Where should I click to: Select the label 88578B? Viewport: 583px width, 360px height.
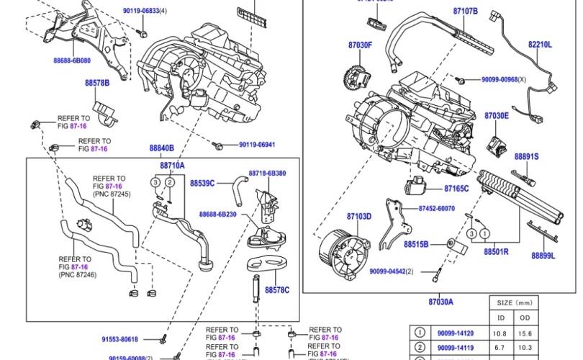(x=97, y=84)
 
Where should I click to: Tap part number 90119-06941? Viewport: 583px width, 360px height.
(x=257, y=145)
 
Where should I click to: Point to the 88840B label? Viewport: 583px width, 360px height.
(x=162, y=148)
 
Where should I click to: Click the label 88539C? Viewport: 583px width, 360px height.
(x=202, y=184)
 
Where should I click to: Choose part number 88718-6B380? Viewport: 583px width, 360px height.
(x=268, y=174)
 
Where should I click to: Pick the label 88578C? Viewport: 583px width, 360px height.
(x=277, y=289)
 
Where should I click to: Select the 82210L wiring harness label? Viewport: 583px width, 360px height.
(x=540, y=44)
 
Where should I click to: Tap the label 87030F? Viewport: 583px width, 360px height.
(x=361, y=45)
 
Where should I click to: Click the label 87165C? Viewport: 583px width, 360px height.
(x=456, y=189)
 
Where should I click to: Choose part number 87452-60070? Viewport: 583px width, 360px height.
(x=436, y=208)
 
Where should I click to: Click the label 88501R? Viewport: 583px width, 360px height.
(x=496, y=253)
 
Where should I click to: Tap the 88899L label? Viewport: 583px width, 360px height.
(x=543, y=255)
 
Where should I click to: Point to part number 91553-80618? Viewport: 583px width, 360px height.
(x=119, y=339)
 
